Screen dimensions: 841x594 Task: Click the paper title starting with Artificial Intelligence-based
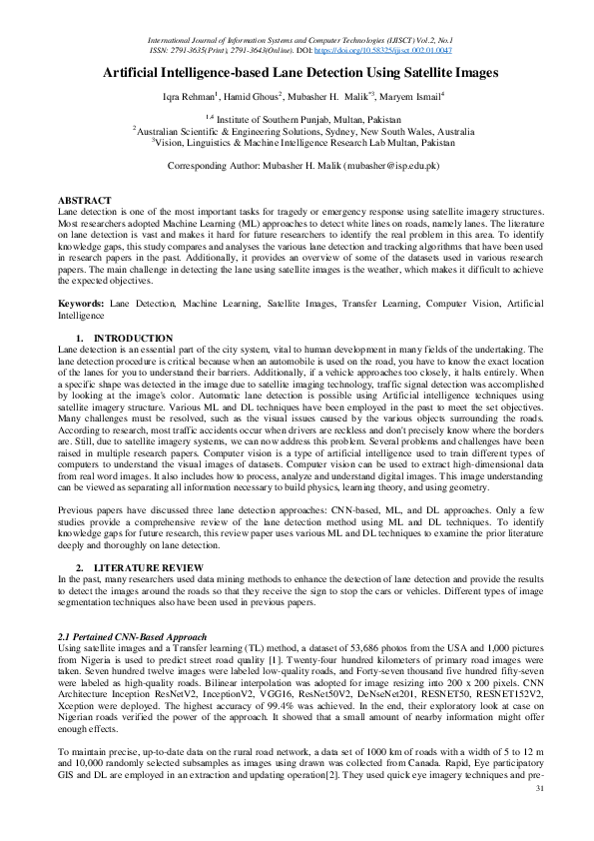tap(297, 73)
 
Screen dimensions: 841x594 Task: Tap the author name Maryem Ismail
tap(411, 98)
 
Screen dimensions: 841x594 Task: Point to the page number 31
tap(540, 816)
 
